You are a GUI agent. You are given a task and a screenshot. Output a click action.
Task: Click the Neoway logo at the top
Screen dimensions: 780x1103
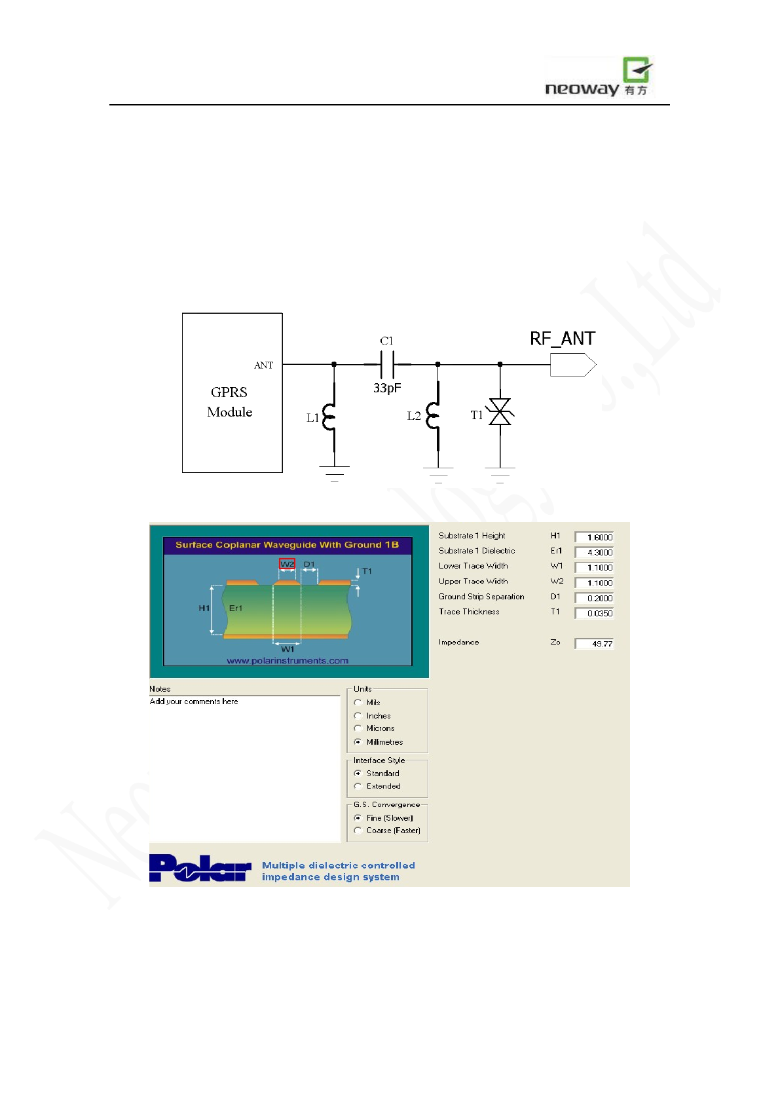[x=599, y=77]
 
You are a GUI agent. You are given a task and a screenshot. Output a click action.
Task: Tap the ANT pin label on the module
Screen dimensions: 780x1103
[x=263, y=365]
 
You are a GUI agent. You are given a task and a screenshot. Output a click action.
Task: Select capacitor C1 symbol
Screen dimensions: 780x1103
[x=387, y=364]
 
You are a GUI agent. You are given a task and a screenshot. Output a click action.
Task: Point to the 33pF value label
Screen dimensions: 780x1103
[x=387, y=388]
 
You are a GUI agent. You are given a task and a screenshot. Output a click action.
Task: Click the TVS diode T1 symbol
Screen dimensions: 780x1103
[x=500, y=412]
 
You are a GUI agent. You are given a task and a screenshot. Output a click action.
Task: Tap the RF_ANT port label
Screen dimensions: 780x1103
[x=562, y=339]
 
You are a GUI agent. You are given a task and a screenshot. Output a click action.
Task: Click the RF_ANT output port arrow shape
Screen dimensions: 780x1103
[x=572, y=365]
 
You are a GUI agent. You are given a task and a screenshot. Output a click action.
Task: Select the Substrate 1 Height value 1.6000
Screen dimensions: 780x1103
[x=594, y=537]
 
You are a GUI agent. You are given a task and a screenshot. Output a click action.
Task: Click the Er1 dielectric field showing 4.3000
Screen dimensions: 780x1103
[x=594, y=552]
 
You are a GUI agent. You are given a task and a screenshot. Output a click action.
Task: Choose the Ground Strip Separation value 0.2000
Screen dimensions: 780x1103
[x=594, y=598]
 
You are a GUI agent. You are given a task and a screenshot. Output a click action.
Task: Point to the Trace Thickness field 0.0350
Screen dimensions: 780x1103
[x=594, y=613]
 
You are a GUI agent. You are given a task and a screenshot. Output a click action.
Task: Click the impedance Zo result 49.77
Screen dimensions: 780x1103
[x=594, y=644]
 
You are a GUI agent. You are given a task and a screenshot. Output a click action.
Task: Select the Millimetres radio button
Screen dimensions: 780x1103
[x=358, y=742]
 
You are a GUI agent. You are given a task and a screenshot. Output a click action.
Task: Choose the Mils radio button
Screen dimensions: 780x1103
[x=358, y=702]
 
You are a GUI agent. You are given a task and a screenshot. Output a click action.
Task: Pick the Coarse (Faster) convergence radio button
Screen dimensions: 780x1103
[x=358, y=831]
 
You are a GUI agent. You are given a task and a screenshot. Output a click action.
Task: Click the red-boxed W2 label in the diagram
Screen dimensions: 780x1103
[x=287, y=564]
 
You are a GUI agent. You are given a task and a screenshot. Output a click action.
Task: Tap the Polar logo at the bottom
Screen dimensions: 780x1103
[x=200, y=869]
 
